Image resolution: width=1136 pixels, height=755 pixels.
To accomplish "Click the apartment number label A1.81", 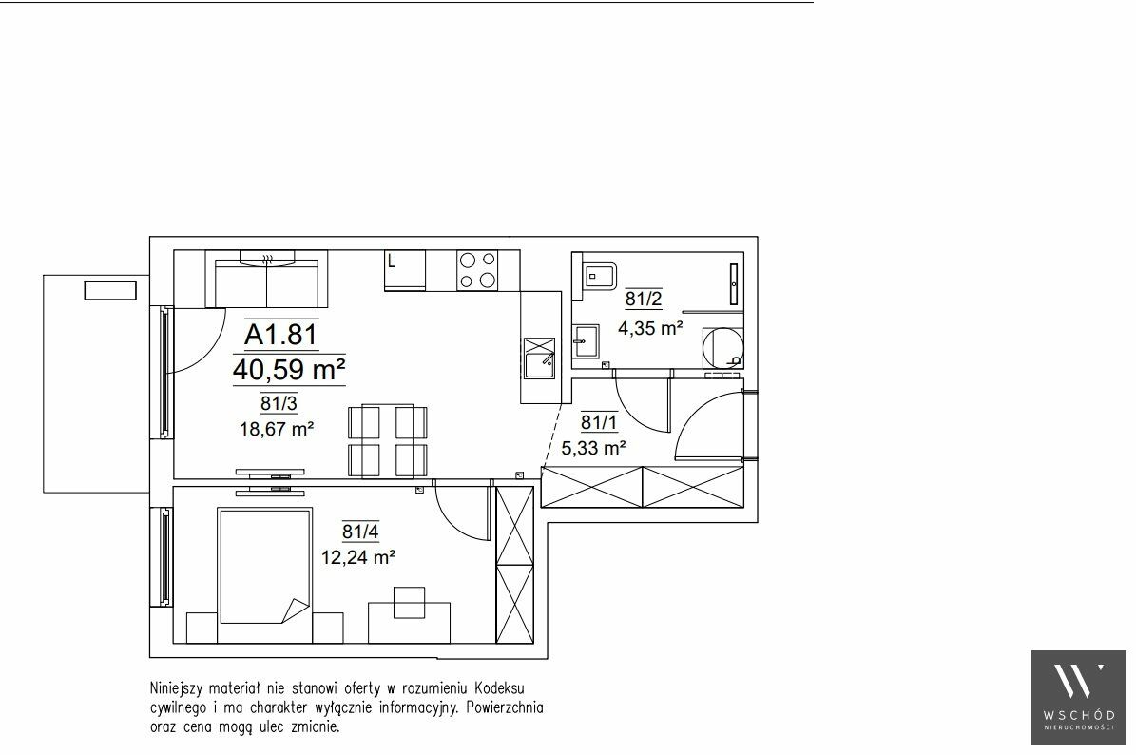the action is pos(281,334).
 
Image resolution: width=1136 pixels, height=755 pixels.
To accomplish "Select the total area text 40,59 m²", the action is pos(288,370).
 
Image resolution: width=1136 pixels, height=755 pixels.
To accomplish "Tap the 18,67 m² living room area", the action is pos(276,429).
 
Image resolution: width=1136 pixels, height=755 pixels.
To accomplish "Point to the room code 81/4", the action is pos(360,532).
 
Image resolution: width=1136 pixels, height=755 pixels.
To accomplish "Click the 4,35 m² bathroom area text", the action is pos(650,328).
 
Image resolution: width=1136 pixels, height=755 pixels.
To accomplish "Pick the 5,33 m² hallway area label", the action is pos(593,449).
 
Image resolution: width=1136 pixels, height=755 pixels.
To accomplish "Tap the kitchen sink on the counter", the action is pos(539,358).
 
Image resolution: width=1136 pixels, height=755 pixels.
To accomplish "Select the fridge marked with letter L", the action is pos(405,270).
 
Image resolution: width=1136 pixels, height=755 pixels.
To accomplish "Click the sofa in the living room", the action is pos(266,279).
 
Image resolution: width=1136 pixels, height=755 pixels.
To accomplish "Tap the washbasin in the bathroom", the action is pos(586,341).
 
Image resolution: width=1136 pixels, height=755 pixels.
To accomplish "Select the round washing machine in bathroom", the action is pos(723,349).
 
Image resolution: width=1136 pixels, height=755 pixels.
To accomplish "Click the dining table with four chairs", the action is pos(388,441).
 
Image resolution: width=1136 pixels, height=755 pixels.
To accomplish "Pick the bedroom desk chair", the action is pos(410,603).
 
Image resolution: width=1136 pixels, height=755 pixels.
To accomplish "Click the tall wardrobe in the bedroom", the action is pos(514,565).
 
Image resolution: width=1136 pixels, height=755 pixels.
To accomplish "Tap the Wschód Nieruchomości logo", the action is pos(1079,698).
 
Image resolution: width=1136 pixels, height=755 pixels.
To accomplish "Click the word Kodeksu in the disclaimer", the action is pos(500,687).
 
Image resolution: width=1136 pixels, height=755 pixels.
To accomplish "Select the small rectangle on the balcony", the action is pos(110,291).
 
